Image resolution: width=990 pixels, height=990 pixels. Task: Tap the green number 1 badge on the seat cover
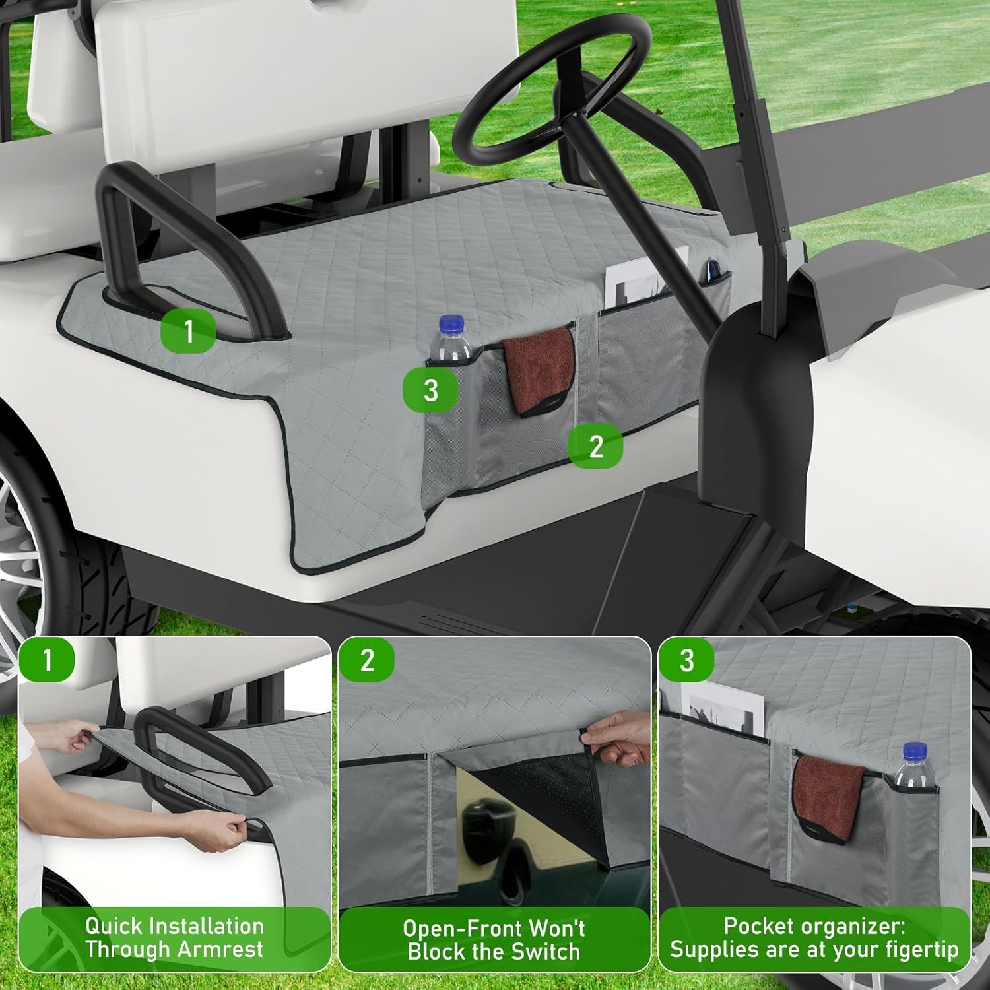tap(189, 330)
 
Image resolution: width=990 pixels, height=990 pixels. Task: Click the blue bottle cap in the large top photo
tap(451, 323)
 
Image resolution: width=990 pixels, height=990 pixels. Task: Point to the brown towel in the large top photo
tap(538, 370)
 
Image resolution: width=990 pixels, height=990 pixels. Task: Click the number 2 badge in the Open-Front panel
tap(367, 659)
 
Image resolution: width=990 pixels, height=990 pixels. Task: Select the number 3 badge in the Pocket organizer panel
tap(686, 659)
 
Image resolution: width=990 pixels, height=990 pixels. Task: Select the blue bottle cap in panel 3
tap(915, 750)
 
